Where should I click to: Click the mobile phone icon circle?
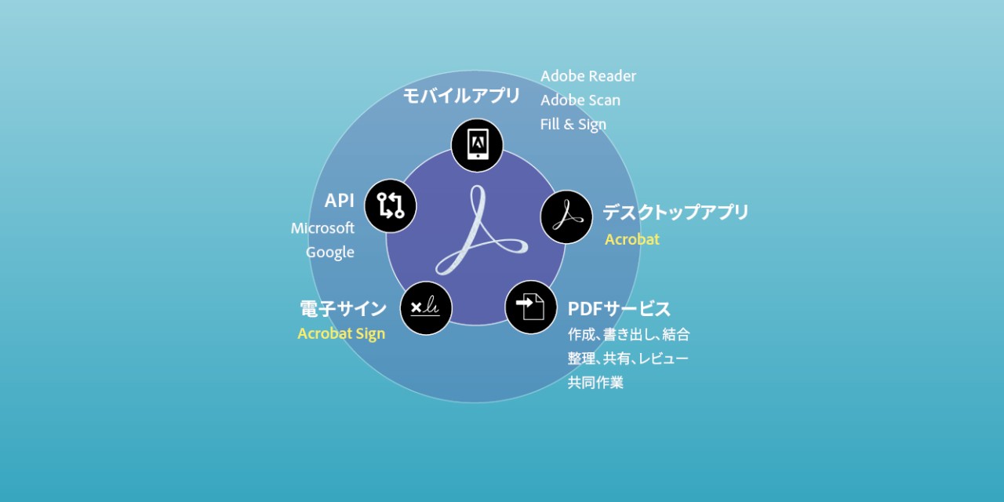point(477,145)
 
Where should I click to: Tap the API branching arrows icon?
point(391,206)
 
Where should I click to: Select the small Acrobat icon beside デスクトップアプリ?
point(566,217)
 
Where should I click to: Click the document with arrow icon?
point(531,307)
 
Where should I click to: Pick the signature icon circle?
point(426,308)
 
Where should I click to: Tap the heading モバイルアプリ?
point(461,96)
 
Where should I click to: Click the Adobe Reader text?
point(588,76)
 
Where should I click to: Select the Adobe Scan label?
point(580,100)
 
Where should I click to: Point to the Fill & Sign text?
point(573,124)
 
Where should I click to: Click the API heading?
point(340,200)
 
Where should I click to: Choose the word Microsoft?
point(322,228)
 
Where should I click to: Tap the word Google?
point(330,253)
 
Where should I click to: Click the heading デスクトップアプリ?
point(675,212)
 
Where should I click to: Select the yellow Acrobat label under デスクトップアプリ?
point(632,239)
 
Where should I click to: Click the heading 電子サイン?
point(343,309)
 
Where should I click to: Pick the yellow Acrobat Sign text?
point(341,333)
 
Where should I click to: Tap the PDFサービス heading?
point(619,309)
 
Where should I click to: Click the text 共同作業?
point(595,382)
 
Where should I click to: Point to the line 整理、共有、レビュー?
point(628,358)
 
